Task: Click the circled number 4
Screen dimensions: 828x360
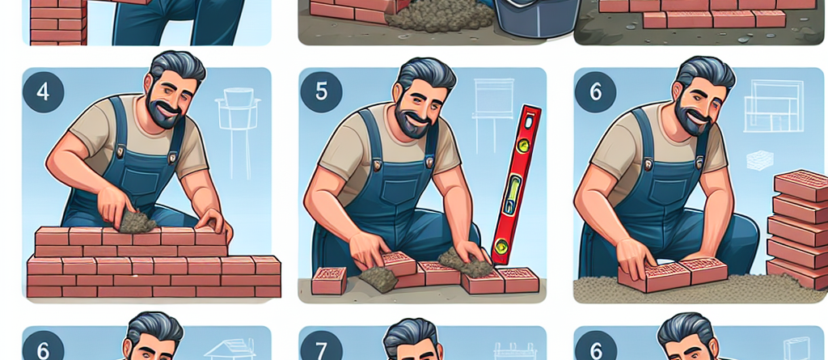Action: click(x=44, y=92)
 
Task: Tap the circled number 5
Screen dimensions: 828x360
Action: click(x=321, y=92)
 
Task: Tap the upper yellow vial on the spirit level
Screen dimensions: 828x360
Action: click(x=524, y=143)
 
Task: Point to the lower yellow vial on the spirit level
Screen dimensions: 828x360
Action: click(x=500, y=245)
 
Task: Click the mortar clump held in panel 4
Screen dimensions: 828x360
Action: click(x=137, y=222)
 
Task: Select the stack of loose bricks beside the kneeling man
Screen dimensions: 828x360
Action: click(x=797, y=228)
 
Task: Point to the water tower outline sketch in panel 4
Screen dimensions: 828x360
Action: click(x=237, y=132)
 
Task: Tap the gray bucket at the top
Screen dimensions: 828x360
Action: click(x=534, y=18)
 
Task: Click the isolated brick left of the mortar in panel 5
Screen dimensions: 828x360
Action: click(x=329, y=280)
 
